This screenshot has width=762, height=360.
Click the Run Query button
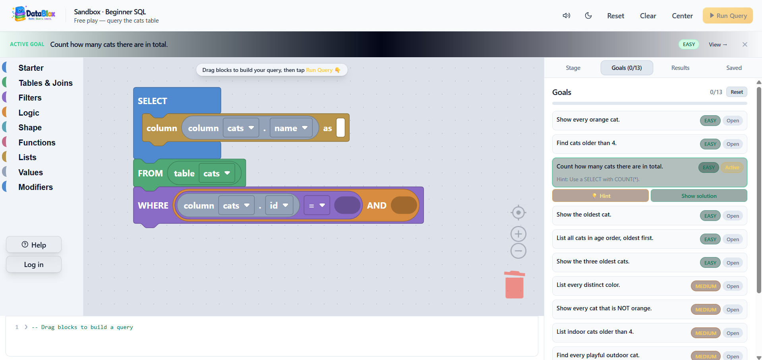pyautogui.click(x=727, y=15)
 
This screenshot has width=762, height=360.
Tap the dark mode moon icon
pyautogui.click(x=588, y=15)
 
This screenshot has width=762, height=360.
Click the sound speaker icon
pyautogui.click(x=567, y=15)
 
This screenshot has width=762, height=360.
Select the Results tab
pyautogui.click(x=680, y=68)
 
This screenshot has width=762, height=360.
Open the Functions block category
pyautogui.click(x=37, y=143)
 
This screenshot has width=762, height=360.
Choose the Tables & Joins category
pyautogui.click(x=45, y=83)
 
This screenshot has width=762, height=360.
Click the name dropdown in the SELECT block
pyautogui.click(x=291, y=128)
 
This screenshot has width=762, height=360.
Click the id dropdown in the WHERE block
pyautogui.click(x=279, y=205)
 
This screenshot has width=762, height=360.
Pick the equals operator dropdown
pyautogui.click(x=317, y=205)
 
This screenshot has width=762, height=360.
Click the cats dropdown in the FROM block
pyautogui.click(x=217, y=173)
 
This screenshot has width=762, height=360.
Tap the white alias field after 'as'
pyautogui.click(x=340, y=128)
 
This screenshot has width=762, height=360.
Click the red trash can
pyautogui.click(x=514, y=285)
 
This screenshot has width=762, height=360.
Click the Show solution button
pyautogui.click(x=699, y=196)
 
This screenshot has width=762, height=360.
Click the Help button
pyautogui.click(x=34, y=245)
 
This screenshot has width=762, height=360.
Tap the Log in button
pyautogui.click(x=34, y=265)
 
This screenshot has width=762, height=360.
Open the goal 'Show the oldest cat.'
pyautogui.click(x=733, y=216)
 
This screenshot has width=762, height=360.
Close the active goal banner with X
pyautogui.click(x=745, y=45)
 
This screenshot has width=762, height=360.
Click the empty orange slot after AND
pyautogui.click(x=404, y=205)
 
